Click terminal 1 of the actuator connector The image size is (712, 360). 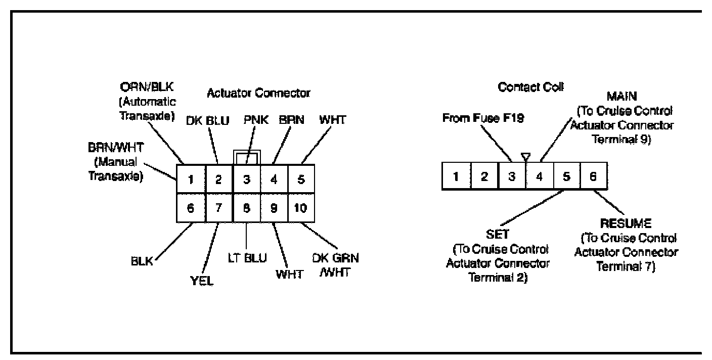click(x=191, y=179)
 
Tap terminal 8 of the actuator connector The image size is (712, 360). click(x=246, y=208)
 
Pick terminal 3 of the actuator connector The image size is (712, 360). click(x=246, y=179)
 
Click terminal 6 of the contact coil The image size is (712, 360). click(x=594, y=176)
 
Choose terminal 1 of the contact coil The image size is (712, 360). click(x=456, y=176)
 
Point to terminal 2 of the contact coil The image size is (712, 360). click(x=484, y=176)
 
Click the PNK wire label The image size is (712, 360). click(x=255, y=121)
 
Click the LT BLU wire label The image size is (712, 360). click(x=247, y=258)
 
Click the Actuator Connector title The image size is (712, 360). click(x=258, y=93)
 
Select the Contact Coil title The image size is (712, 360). click(x=531, y=87)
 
